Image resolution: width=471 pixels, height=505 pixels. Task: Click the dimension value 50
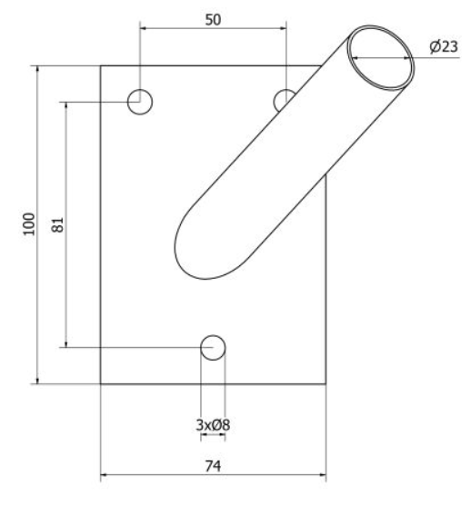tap(213, 20)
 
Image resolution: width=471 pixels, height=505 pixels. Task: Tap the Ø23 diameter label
tap(444, 46)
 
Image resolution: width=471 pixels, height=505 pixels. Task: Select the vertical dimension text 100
tap(29, 224)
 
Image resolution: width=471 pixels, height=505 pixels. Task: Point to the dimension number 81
tap(57, 224)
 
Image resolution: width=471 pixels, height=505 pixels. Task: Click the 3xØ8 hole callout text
tap(213, 425)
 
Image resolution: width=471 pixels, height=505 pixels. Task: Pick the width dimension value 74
tap(213, 466)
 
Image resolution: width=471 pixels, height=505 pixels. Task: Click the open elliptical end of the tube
tap(380, 27)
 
